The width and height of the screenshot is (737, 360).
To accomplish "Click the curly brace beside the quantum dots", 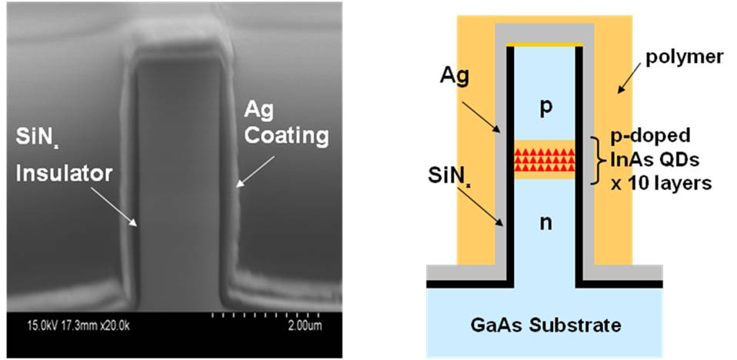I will (x=594, y=161).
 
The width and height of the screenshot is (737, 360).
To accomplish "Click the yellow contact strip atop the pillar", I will (x=544, y=45).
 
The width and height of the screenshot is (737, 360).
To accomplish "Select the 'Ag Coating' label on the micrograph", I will (x=291, y=125).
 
